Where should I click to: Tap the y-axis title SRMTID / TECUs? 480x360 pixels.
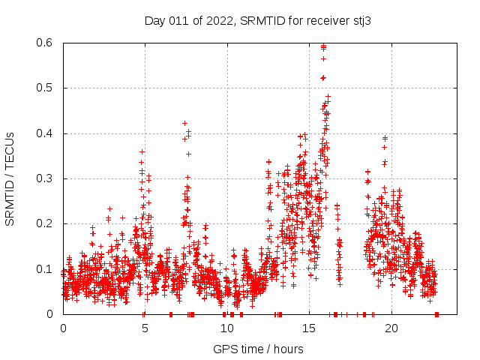(10, 178)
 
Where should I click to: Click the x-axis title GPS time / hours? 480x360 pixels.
(258, 349)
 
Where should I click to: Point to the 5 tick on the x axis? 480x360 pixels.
(145, 328)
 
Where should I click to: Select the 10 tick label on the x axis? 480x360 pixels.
(227, 328)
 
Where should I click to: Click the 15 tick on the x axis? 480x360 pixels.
(309, 328)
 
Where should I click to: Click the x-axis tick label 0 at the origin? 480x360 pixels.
(63, 328)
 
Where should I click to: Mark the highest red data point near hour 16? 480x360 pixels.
(323, 46)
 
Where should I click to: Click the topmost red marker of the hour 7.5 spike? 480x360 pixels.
(184, 123)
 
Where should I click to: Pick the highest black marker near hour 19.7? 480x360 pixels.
(385, 138)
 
